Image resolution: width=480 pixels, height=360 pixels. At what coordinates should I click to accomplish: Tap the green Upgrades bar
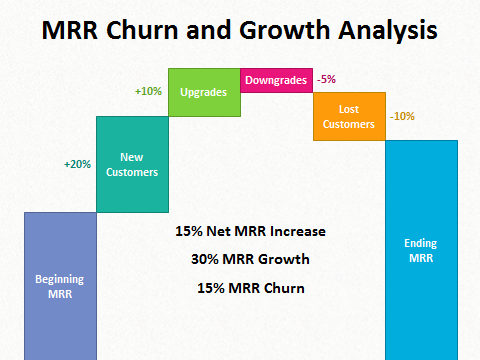click(x=204, y=92)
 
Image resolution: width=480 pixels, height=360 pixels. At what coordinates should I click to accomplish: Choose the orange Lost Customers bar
click(x=349, y=116)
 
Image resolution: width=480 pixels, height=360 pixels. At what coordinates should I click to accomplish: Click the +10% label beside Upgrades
click(x=148, y=91)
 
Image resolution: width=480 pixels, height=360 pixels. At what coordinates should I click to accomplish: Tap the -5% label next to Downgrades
click(x=327, y=79)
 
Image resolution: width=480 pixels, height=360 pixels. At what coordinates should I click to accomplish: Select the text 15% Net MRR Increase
click(x=250, y=232)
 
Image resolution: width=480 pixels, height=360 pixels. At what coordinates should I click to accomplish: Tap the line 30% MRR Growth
click(x=250, y=260)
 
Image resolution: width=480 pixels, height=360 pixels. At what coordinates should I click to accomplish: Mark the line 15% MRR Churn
click(x=250, y=289)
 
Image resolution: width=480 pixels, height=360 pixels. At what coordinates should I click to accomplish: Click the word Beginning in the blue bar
click(x=60, y=279)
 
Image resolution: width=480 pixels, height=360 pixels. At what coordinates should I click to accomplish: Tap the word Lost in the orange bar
click(x=349, y=109)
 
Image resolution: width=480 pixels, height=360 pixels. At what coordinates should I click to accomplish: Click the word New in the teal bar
click(x=131, y=157)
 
